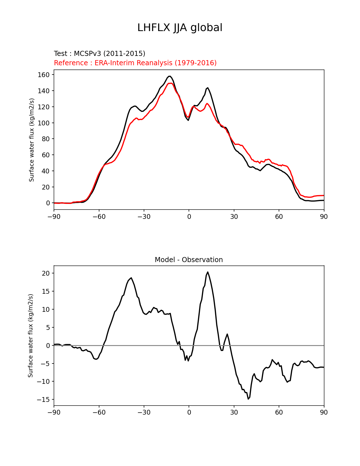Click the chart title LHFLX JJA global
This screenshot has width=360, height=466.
pyautogui.click(x=180, y=28)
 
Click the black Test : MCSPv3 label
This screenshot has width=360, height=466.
pyautogui.click(x=99, y=54)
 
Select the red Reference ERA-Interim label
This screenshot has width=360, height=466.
pyautogui.click(x=135, y=63)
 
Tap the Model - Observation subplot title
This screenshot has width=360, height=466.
pyautogui.click(x=189, y=260)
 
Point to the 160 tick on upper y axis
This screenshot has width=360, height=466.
pyautogui.click(x=43, y=75)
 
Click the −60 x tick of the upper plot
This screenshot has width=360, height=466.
pyautogui.click(x=99, y=217)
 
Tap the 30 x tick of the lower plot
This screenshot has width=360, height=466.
pyautogui.click(x=234, y=413)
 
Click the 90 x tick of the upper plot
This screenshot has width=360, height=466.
pyautogui.click(x=324, y=217)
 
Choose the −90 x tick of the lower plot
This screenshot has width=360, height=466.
pyautogui.click(x=54, y=413)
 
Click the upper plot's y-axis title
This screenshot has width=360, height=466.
pyautogui.click(x=32, y=140)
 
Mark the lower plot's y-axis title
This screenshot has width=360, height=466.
pyautogui.click(x=30, y=336)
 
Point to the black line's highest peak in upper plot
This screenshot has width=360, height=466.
pyautogui.click(x=169, y=76)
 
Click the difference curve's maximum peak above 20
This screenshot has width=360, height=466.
pyautogui.click(x=208, y=272)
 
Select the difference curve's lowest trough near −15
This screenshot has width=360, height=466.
pyautogui.click(x=248, y=399)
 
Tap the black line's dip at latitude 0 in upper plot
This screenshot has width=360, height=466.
pyautogui.click(x=188, y=120)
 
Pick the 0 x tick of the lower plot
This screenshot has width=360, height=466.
pyautogui.click(x=189, y=413)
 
